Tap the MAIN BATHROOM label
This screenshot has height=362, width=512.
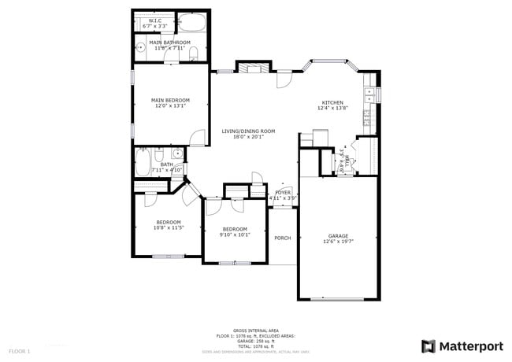(x=169, y=42)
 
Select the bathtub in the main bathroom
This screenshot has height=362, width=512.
(x=191, y=22)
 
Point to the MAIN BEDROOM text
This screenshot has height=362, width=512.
(x=170, y=100)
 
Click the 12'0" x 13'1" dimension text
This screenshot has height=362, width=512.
(x=170, y=106)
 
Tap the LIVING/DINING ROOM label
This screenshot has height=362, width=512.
(x=247, y=131)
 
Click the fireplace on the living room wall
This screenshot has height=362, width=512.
(x=253, y=68)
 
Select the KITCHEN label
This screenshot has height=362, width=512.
(x=332, y=102)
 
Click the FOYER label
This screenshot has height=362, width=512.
(x=282, y=192)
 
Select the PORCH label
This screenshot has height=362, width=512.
(x=282, y=238)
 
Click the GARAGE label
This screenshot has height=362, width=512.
(x=337, y=235)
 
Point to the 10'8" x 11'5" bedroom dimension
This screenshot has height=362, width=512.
(x=169, y=228)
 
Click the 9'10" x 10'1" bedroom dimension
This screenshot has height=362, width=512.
(x=236, y=235)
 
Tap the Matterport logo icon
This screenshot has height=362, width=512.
(x=429, y=345)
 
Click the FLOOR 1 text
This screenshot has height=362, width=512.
(x=20, y=350)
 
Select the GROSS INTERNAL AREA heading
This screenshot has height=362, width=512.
(x=256, y=331)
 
